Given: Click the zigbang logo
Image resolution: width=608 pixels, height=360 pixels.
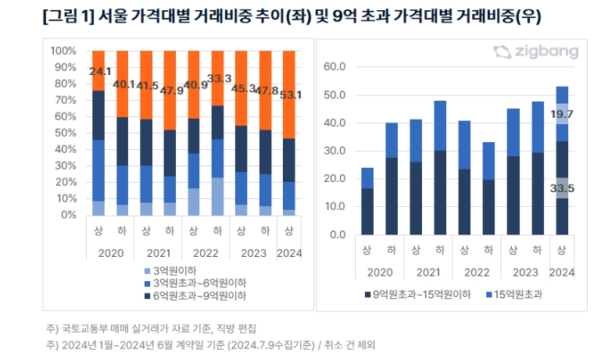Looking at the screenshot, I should (536, 52).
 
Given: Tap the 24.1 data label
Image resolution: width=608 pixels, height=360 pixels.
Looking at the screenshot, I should (99, 72).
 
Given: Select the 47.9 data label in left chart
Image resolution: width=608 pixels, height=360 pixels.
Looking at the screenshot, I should (171, 90).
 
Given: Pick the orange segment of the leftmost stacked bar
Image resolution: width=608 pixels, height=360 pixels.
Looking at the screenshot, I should (98, 70).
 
